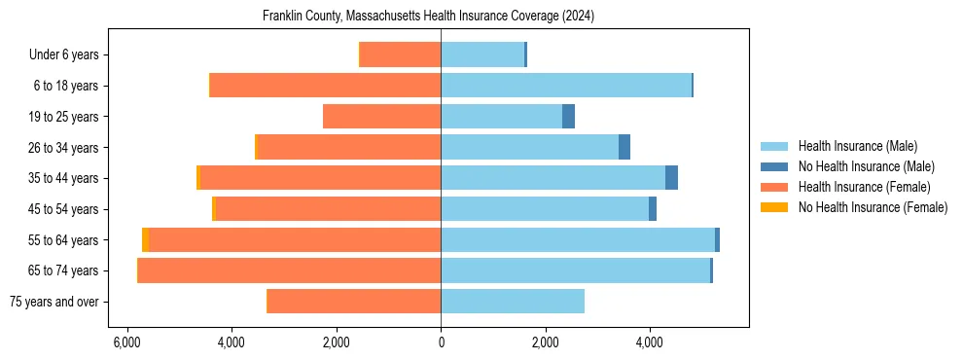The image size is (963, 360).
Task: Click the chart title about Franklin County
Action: tap(428, 17)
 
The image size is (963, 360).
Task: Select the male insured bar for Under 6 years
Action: tap(482, 54)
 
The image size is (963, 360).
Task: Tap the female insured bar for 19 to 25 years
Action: tap(381, 117)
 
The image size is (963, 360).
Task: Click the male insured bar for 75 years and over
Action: tap(513, 302)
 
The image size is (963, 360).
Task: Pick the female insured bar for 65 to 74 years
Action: tap(290, 270)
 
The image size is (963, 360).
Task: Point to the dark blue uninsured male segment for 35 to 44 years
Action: tap(671, 178)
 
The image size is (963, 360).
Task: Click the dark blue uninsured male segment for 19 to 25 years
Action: tap(568, 117)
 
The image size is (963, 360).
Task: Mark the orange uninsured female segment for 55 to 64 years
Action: tap(145, 239)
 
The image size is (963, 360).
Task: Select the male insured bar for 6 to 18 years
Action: tap(566, 86)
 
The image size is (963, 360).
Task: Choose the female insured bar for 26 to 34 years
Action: tap(348, 147)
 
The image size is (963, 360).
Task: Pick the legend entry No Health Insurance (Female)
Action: tap(873, 207)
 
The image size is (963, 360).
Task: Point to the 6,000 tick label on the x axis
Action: tap(126, 342)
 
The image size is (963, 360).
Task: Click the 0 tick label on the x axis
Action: tap(441, 342)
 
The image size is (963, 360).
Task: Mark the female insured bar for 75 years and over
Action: tap(354, 302)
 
